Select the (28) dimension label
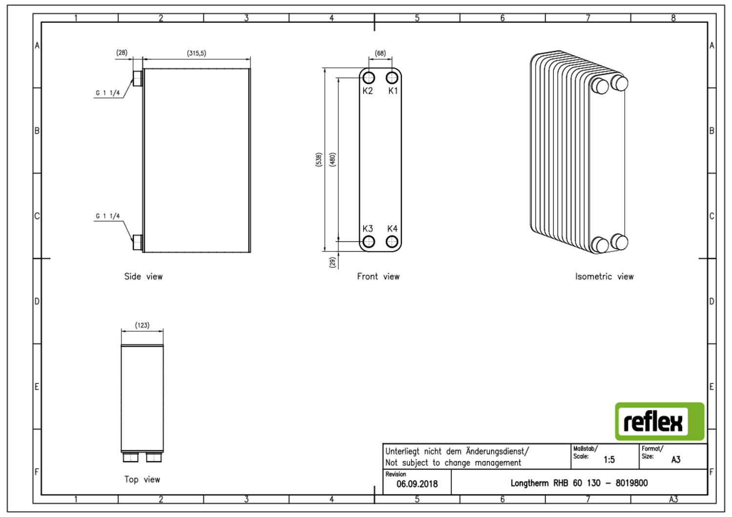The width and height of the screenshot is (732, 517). tap(122, 53)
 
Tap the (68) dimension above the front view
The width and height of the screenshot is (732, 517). tap(380, 53)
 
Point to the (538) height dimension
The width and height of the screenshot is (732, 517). tap(319, 159)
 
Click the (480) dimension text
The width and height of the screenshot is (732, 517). tap(332, 159)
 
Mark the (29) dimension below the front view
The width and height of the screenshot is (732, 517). tap(333, 262)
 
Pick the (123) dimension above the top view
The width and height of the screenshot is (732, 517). tap(142, 325)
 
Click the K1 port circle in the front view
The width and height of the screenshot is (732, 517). tap(392, 78)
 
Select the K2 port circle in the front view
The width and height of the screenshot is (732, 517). tap(368, 78)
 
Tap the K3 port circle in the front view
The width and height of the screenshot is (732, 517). tap(368, 242)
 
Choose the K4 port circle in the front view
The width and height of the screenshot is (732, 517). tap(392, 242)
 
